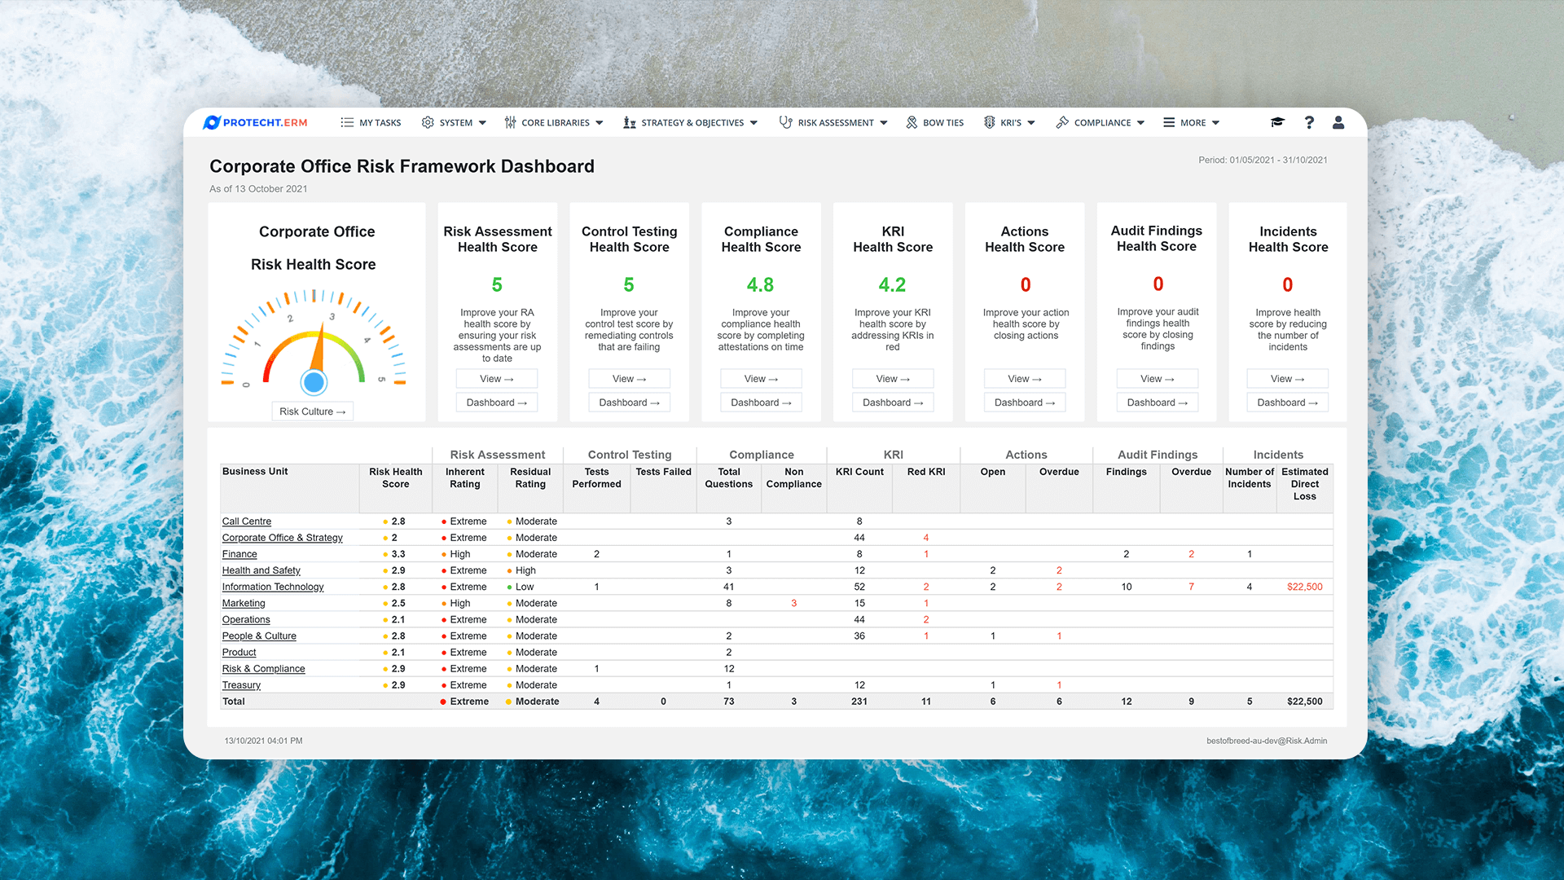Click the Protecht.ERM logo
pyautogui.click(x=256, y=122)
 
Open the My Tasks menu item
pyautogui.click(x=371, y=122)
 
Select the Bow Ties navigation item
pyautogui.click(x=935, y=122)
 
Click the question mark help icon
pyautogui.click(x=1309, y=122)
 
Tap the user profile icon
pyautogui.click(x=1338, y=122)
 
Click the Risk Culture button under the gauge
pyautogui.click(x=312, y=411)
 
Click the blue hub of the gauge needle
pyautogui.click(x=314, y=381)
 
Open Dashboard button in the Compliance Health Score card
pyautogui.click(x=761, y=403)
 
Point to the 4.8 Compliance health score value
pyautogui.click(x=760, y=284)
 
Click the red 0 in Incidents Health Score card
pyautogui.click(x=1287, y=284)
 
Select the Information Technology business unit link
pyautogui.click(x=273, y=587)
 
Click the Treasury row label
pyautogui.click(x=241, y=685)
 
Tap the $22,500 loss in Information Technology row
pyautogui.click(x=1304, y=587)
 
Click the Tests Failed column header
pyautogui.click(x=663, y=472)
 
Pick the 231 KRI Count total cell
pyautogui.click(x=859, y=702)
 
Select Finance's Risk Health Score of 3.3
pyautogui.click(x=398, y=554)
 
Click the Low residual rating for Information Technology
pyautogui.click(x=525, y=587)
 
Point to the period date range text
pyautogui.click(x=1263, y=160)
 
